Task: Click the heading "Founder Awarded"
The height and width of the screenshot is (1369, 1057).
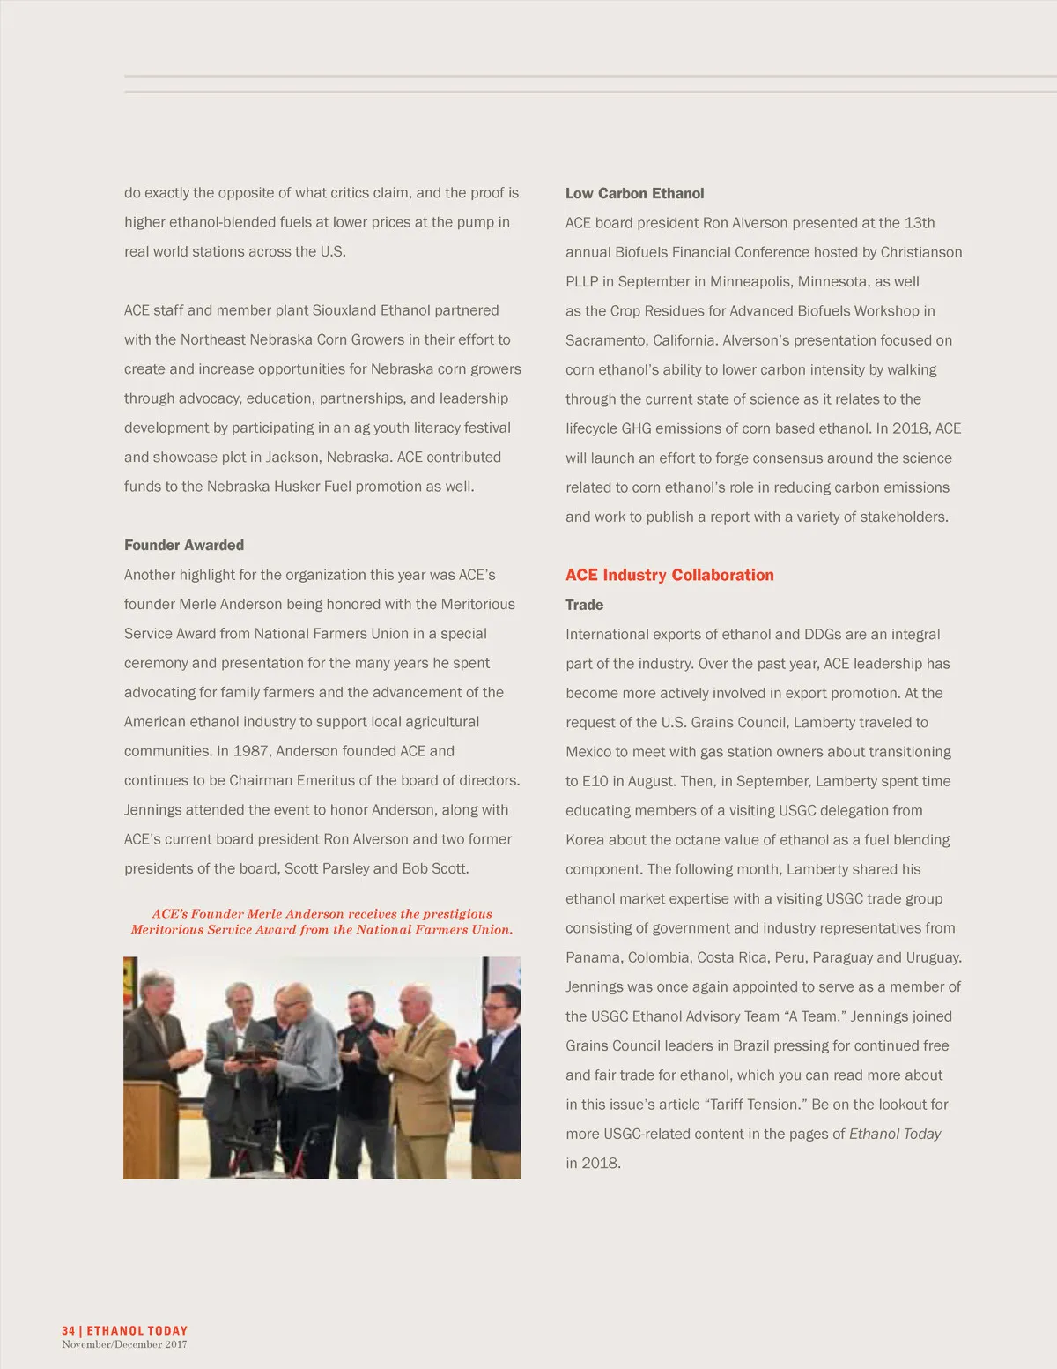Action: tap(184, 545)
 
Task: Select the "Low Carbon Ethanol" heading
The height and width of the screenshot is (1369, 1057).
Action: tap(634, 193)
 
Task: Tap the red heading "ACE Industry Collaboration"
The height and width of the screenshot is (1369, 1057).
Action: tap(669, 575)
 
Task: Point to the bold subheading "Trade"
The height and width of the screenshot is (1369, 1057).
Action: tap(584, 605)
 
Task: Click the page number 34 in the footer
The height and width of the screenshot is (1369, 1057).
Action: tap(68, 1330)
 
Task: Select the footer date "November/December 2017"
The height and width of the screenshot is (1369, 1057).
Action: tap(124, 1344)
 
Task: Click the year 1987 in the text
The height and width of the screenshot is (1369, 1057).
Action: tap(253, 751)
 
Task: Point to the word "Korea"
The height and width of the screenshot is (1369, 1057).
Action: tap(585, 840)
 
